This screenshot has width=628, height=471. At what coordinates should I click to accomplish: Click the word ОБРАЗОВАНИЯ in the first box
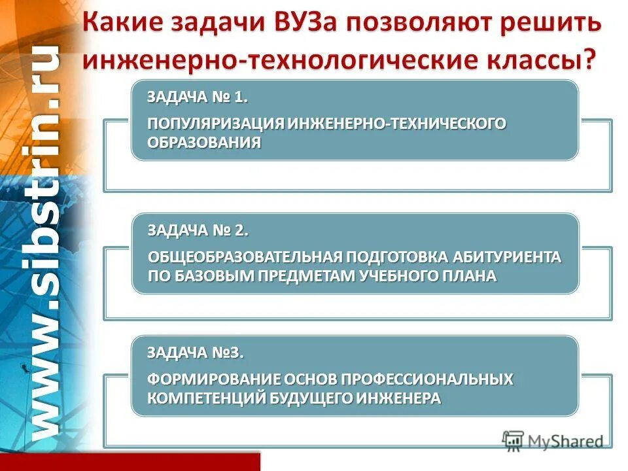[x=204, y=143]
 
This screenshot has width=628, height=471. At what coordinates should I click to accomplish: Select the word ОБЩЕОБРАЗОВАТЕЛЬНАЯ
[x=246, y=257]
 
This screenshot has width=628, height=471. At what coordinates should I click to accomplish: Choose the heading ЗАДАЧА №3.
[x=195, y=354]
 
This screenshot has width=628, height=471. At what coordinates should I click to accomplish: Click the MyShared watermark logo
[x=553, y=441]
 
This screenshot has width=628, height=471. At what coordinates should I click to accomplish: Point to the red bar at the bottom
[x=131, y=461]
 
